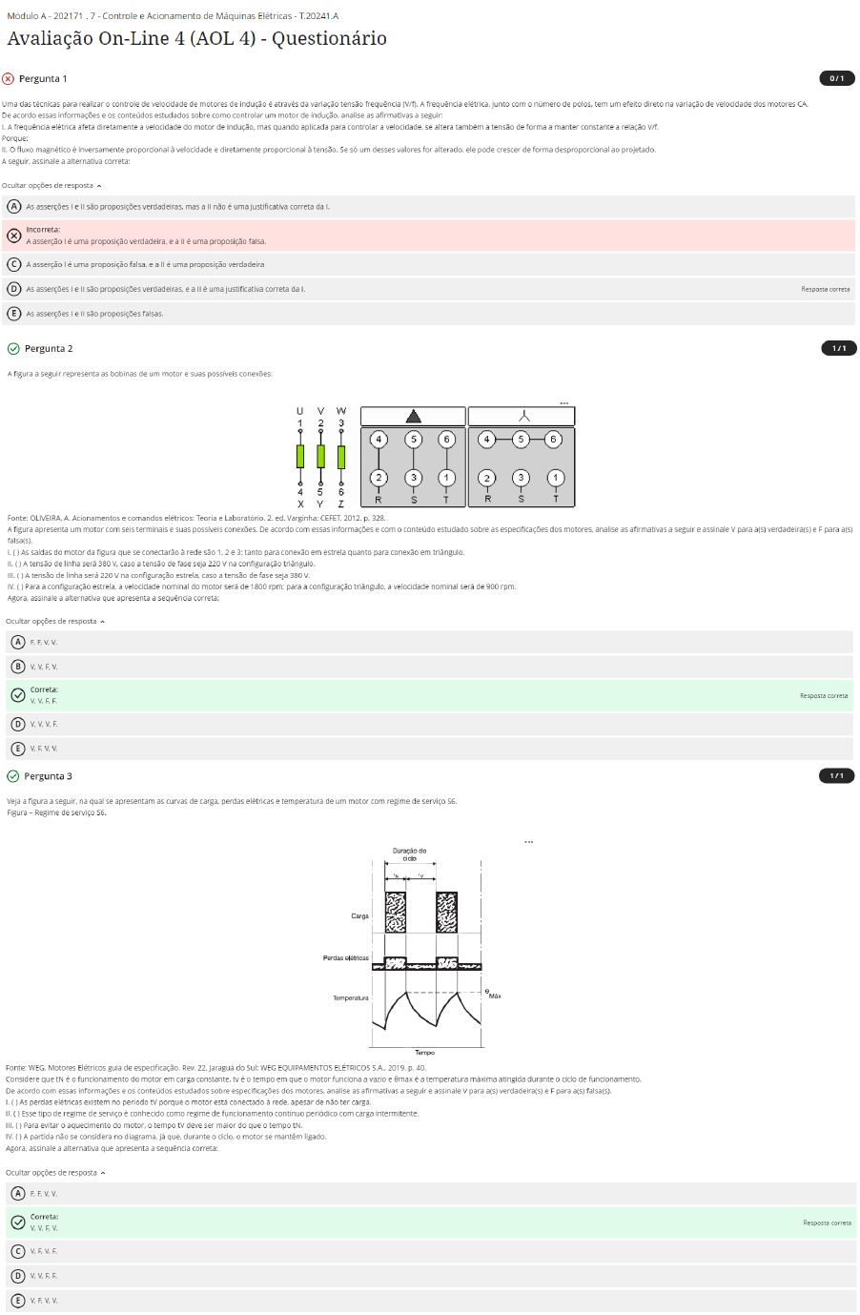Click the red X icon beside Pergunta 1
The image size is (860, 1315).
point(9,79)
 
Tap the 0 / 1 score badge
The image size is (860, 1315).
point(836,78)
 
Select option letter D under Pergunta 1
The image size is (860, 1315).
point(14,289)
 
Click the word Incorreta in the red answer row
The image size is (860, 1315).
point(43,230)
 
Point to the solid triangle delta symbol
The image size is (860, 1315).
point(413,416)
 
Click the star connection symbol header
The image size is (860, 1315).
point(522,416)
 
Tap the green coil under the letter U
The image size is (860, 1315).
point(300,456)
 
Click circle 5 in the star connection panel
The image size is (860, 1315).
point(521,440)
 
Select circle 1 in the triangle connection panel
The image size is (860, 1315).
point(446,478)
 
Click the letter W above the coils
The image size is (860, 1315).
point(341,411)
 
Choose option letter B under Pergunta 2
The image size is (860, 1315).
point(18,667)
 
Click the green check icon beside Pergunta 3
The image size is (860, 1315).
point(13,776)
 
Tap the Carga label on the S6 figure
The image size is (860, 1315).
point(359,915)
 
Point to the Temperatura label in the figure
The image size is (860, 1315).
point(350,997)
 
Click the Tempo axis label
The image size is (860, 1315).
point(424,1053)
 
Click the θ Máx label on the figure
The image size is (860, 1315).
point(492,994)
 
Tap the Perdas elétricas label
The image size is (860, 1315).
point(345,957)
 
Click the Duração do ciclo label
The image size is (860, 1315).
point(409,854)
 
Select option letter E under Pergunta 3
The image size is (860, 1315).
point(18,1300)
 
